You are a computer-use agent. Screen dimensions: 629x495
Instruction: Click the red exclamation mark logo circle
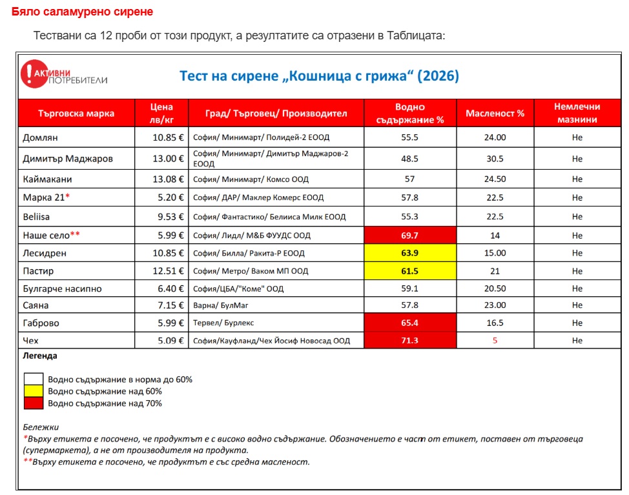[x=34, y=74]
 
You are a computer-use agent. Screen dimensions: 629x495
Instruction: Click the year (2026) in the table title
[x=438, y=76]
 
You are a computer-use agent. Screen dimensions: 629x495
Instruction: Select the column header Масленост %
[x=495, y=114]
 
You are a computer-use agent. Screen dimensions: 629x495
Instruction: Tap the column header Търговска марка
[x=76, y=114]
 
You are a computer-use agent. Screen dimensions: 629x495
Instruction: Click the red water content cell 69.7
[x=410, y=236]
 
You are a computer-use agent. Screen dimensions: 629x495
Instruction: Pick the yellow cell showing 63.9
[x=410, y=253]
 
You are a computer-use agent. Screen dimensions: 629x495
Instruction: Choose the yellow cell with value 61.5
[x=410, y=271]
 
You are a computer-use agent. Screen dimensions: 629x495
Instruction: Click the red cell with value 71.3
[x=410, y=340]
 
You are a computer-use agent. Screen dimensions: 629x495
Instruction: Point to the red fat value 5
[x=495, y=340]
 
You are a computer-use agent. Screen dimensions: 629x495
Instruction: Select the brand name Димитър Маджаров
[x=68, y=159]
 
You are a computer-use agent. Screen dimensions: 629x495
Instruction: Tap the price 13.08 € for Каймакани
[x=168, y=179]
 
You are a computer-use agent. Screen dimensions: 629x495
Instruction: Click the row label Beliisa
[x=36, y=217]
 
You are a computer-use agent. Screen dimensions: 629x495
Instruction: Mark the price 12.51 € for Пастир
[x=168, y=271]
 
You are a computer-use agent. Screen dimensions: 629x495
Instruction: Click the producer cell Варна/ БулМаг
[x=221, y=305]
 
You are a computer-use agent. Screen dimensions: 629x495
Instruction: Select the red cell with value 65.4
[x=410, y=323]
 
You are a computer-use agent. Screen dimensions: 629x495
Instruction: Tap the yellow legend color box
[x=34, y=391]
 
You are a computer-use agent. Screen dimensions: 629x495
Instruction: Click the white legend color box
[x=34, y=379]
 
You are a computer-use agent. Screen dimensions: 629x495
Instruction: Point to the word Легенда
[x=40, y=356]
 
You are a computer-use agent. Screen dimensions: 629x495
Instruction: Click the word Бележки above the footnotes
[x=41, y=427]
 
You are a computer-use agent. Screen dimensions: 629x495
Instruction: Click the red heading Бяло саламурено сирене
[x=82, y=12]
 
